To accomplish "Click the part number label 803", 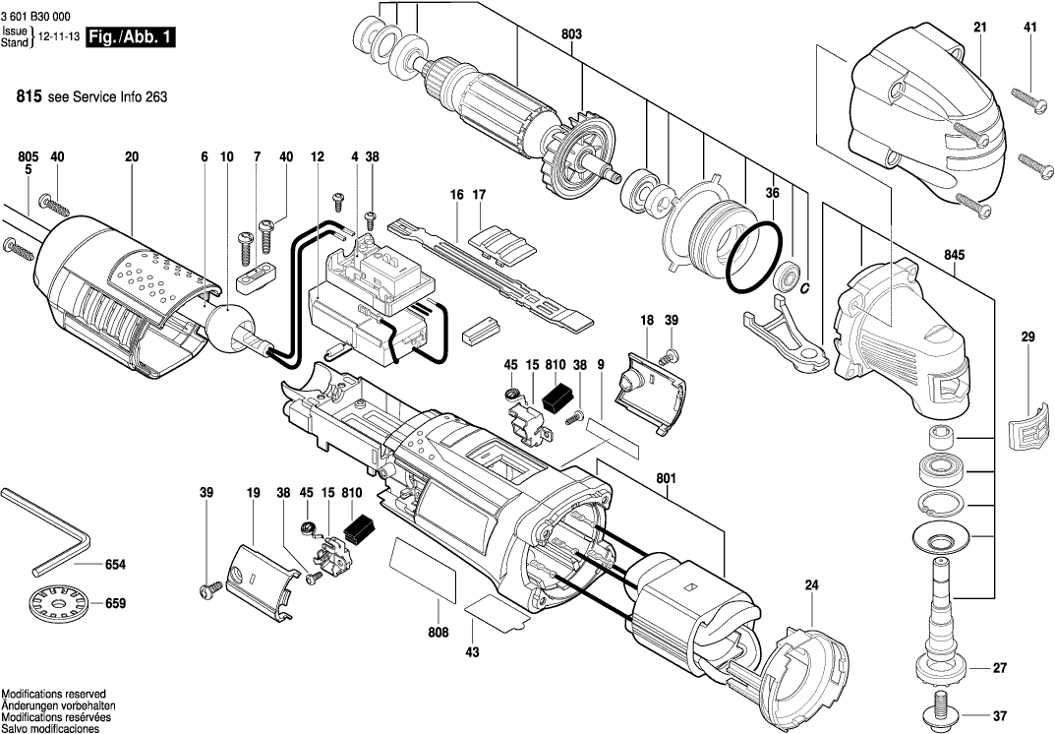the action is click(570, 34).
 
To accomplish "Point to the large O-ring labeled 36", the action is click(753, 259).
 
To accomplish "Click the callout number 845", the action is click(954, 255).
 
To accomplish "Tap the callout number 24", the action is click(811, 585).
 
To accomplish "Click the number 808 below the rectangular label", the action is click(438, 633).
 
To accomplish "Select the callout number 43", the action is click(472, 652).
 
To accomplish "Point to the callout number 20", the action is click(131, 156).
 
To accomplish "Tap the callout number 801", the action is click(666, 479).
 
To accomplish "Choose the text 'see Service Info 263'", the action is click(106, 97).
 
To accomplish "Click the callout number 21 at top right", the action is click(979, 27).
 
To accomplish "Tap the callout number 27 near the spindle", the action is click(1000, 668).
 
